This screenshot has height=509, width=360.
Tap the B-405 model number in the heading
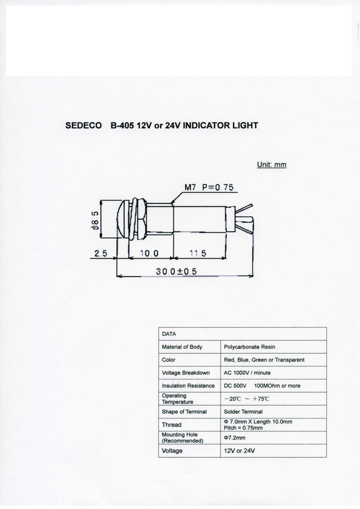click(x=122, y=126)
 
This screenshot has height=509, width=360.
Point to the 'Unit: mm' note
click(x=271, y=165)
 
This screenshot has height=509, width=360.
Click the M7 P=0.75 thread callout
click(x=208, y=187)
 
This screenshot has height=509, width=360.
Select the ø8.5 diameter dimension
click(x=95, y=220)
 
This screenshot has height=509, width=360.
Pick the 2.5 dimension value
click(x=101, y=253)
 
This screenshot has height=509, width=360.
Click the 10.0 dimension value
click(x=149, y=253)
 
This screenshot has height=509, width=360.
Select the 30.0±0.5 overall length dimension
click(x=176, y=271)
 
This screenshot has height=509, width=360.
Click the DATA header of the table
click(x=169, y=334)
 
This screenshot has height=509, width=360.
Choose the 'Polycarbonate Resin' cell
click(x=249, y=347)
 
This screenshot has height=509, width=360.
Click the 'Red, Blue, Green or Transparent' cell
click(x=264, y=360)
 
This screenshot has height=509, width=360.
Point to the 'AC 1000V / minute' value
click(x=251, y=373)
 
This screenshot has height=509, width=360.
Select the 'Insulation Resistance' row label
click(x=187, y=386)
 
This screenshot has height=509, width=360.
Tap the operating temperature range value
click(x=247, y=399)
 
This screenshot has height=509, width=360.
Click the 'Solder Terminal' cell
click(x=243, y=412)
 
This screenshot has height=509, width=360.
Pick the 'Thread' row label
click(x=171, y=425)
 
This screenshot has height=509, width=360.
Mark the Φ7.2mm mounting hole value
click(x=235, y=438)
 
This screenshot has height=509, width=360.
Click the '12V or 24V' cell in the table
click(x=239, y=451)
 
